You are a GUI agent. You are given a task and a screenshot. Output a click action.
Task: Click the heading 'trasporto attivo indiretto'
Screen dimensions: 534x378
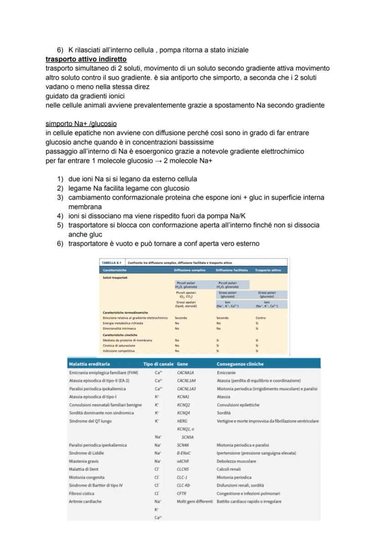(x=86, y=59)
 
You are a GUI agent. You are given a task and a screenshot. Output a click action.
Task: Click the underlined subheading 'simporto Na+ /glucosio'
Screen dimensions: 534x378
(x=81, y=124)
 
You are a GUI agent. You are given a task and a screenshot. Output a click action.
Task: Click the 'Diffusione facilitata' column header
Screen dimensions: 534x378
(x=231, y=270)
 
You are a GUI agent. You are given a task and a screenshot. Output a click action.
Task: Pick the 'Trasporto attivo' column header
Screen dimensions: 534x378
(x=269, y=270)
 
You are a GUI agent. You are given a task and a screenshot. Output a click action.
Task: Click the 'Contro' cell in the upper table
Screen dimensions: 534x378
(x=261, y=317)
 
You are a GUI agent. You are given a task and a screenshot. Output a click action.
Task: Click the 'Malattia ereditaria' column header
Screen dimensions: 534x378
(x=89, y=364)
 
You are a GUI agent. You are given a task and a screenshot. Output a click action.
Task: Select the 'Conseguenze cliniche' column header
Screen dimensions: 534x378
(x=240, y=364)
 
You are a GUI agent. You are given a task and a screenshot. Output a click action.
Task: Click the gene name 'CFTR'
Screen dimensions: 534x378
(x=182, y=493)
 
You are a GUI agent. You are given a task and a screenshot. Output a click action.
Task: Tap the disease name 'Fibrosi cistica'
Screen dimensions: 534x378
(x=82, y=493)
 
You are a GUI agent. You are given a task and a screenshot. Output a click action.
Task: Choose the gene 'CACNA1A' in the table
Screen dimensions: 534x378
(x=185, y=373)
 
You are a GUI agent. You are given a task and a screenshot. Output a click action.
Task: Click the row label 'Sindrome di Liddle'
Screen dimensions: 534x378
(x=86, y=453)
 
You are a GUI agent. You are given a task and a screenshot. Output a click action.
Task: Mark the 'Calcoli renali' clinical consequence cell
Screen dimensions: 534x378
(x=229, y=469)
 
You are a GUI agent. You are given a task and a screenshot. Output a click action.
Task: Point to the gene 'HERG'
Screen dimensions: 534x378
(x=182, y=421)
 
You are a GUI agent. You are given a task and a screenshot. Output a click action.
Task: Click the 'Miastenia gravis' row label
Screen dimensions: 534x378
(x=84, y=461)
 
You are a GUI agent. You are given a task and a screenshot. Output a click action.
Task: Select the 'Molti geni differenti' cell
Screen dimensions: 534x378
(x=194, y=501)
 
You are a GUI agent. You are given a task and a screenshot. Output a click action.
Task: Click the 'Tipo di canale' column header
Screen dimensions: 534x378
(x=157, y=364)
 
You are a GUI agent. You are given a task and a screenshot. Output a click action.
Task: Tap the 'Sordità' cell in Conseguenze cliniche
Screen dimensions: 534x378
(x=224, y=413)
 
